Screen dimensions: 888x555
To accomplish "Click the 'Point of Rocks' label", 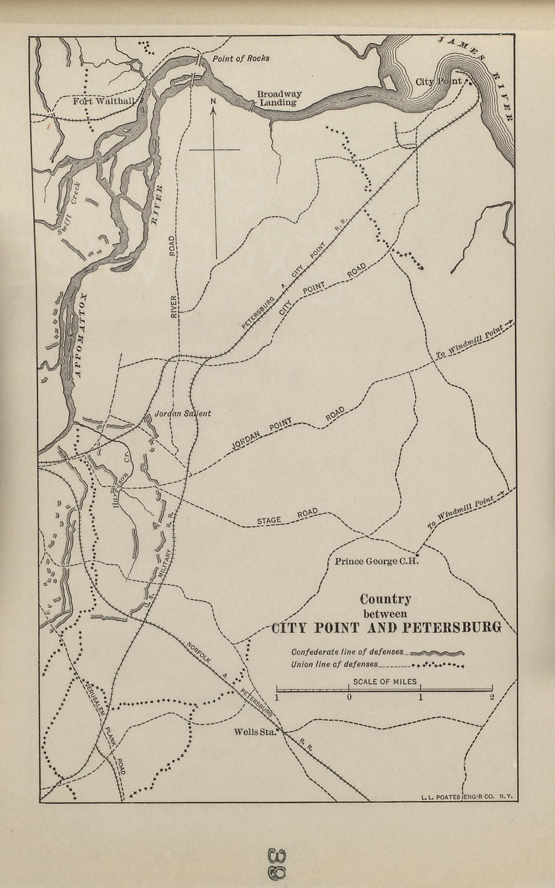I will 241,58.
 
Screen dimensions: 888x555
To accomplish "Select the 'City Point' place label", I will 438,81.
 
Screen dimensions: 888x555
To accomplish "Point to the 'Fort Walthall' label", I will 104,101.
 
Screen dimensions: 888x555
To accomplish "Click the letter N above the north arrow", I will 213,100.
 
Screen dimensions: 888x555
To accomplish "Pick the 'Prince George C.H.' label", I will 373,561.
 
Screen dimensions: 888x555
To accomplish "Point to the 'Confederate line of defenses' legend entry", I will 347,651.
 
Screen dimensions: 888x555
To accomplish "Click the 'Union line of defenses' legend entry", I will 335,664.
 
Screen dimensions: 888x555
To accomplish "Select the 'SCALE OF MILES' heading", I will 384,681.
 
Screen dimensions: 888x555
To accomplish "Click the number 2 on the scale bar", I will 491,698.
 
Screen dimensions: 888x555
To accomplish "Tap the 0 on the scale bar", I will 349,698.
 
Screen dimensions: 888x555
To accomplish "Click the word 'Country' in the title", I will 385,599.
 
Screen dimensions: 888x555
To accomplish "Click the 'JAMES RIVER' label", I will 484,76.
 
